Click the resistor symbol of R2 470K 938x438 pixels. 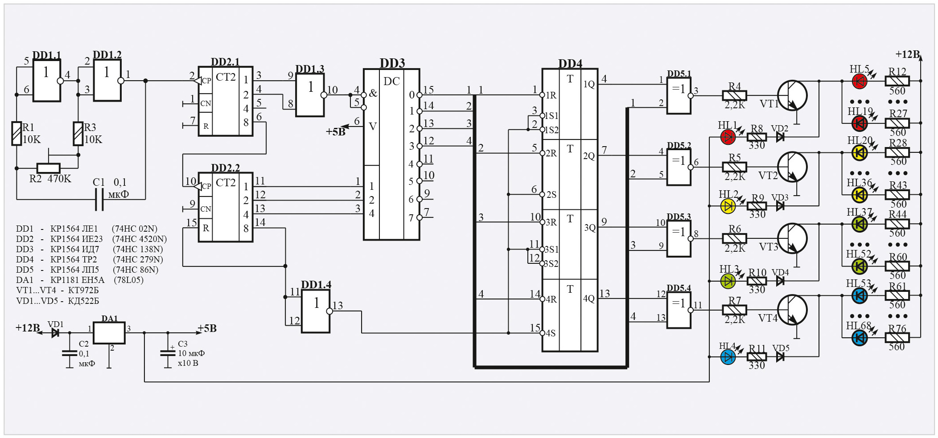pos(48,168)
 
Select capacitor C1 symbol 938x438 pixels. pos(99,199)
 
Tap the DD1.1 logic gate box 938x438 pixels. pos(47,81)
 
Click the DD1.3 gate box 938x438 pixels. pos(310,95)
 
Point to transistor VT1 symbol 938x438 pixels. pos(792,95)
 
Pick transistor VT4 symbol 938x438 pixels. pos(792,310)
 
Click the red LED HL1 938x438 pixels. pos(728,137)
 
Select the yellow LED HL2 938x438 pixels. pos(728,206)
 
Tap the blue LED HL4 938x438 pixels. pos(728,357)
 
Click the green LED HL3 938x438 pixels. pos(728,281)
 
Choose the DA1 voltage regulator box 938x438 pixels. pos(109,332)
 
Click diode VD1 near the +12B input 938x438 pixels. pos(55,332)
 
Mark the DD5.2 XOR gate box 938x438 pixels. pos(679,167)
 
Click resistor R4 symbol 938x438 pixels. pos(734,95)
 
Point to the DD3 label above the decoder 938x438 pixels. pos(392,63)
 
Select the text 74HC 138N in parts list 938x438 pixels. pos(138,249)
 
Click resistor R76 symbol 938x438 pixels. pos(897,338)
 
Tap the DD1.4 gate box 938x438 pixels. pos(316,311)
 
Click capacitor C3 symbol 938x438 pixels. pos(168,353)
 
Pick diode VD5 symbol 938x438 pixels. pos(780,356)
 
